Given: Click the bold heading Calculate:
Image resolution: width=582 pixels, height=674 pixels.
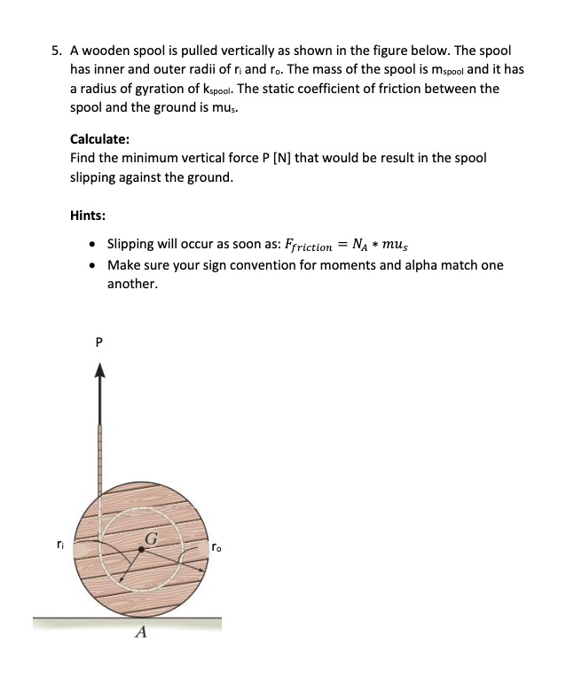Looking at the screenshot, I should point(100,138).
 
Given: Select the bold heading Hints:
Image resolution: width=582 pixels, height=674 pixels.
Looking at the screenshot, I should point(89,216).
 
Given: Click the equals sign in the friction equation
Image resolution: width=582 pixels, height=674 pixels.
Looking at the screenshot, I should point(340,245).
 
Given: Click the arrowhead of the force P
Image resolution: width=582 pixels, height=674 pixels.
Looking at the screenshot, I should point(98,372).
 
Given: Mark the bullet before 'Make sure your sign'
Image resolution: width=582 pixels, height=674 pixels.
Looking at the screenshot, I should point(93,265).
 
